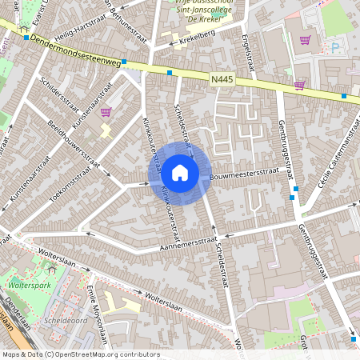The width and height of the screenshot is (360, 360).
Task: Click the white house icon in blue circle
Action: click(180, 171)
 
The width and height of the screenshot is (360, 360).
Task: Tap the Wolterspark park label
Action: click(30, 285)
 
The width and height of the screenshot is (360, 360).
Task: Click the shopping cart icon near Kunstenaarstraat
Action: click(106, 113)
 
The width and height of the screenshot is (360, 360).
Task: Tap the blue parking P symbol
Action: click(335, 47)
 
